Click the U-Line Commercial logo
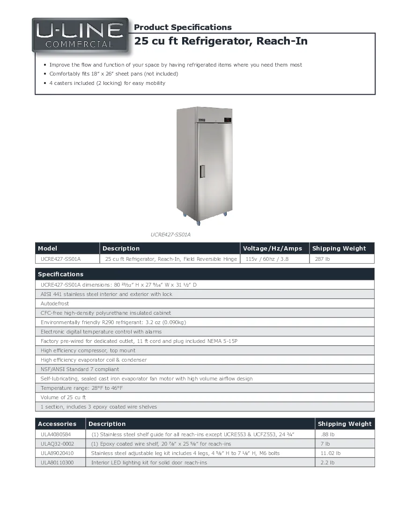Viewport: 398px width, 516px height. pyautogui.click(x=80, y=35)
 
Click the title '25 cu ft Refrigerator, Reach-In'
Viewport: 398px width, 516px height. pyautogui.click(x=221, y=41)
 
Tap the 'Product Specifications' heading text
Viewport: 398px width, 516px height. pyautogui.click(x=183, y=27)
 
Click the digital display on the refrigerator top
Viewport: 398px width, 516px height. pyautogui.click(x=228, y=119)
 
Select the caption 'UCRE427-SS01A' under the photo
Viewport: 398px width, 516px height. pyautogui.click(x=170, y=235)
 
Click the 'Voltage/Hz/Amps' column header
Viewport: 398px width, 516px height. pyautogui.click(x=273, y=249)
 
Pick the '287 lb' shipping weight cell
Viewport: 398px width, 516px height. pyautogui.click(x=322, y=259)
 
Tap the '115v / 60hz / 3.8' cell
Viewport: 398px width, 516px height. pyautogui.click(x=267, y=259)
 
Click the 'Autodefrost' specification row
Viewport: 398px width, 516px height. pyautogui.click(x=55, y=304)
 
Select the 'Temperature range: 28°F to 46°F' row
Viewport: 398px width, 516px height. pyautogui.click(x=81, y=388)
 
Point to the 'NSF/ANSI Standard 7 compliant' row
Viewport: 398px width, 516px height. pyautogui.click(x=80, y=369)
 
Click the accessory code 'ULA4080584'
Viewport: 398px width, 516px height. pyautogui.click(x=56, y=434)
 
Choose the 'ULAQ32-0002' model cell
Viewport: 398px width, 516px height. pyautogui.click(x=57, y=444)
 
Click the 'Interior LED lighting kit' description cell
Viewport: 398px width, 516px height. pyautogui.click(x=149, y=463)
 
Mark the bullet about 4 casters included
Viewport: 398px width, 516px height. pyautogui.click(x=107, y=83)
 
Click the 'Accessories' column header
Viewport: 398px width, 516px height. pyautogui.click(x=57, y=424)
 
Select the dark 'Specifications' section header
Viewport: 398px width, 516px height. pyautogui.click(x=60, y=274)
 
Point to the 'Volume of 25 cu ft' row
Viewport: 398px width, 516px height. pyautogui.click(x=63, y=397)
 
